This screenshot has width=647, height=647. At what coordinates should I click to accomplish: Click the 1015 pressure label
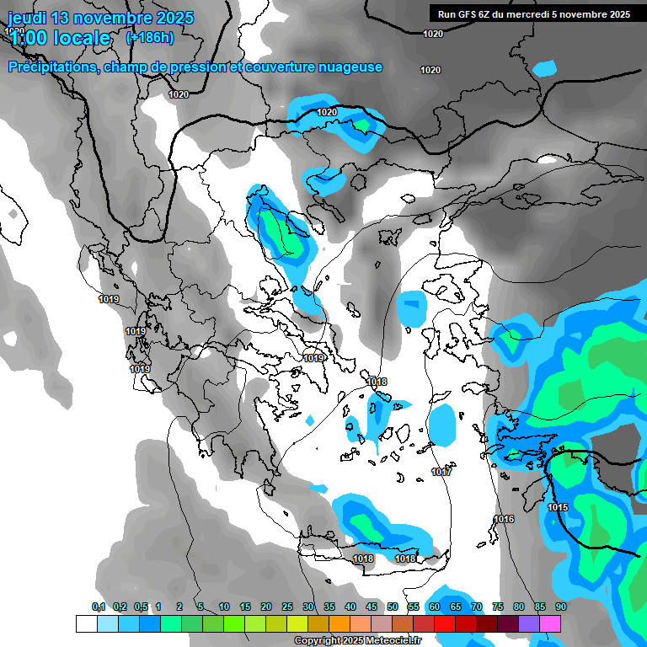(558, 507)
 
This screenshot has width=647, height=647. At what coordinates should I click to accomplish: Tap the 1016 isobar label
(504, 519)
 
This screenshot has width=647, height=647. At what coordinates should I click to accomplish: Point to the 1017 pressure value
(442, 472)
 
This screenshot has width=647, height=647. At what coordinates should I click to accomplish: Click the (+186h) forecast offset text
(150, 37)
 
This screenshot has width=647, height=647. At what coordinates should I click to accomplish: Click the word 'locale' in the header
(80, 38)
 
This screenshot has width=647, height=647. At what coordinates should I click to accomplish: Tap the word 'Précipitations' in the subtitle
(53, 67)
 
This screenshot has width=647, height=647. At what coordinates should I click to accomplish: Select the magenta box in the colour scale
(550, 623)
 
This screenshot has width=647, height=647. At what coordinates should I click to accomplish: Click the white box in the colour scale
(86, 623)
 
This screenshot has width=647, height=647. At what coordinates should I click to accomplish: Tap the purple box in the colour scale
(529, 623)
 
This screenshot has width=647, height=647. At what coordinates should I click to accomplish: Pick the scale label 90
(560, 607)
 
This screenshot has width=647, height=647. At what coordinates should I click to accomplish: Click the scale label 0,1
(98, 607)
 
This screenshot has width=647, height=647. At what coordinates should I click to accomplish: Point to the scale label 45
(372, 607)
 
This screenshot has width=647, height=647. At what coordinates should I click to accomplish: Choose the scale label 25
(287, 607)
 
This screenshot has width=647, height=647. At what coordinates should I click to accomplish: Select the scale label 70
(477, 607)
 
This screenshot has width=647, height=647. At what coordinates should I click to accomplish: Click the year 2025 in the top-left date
(170, 18)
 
